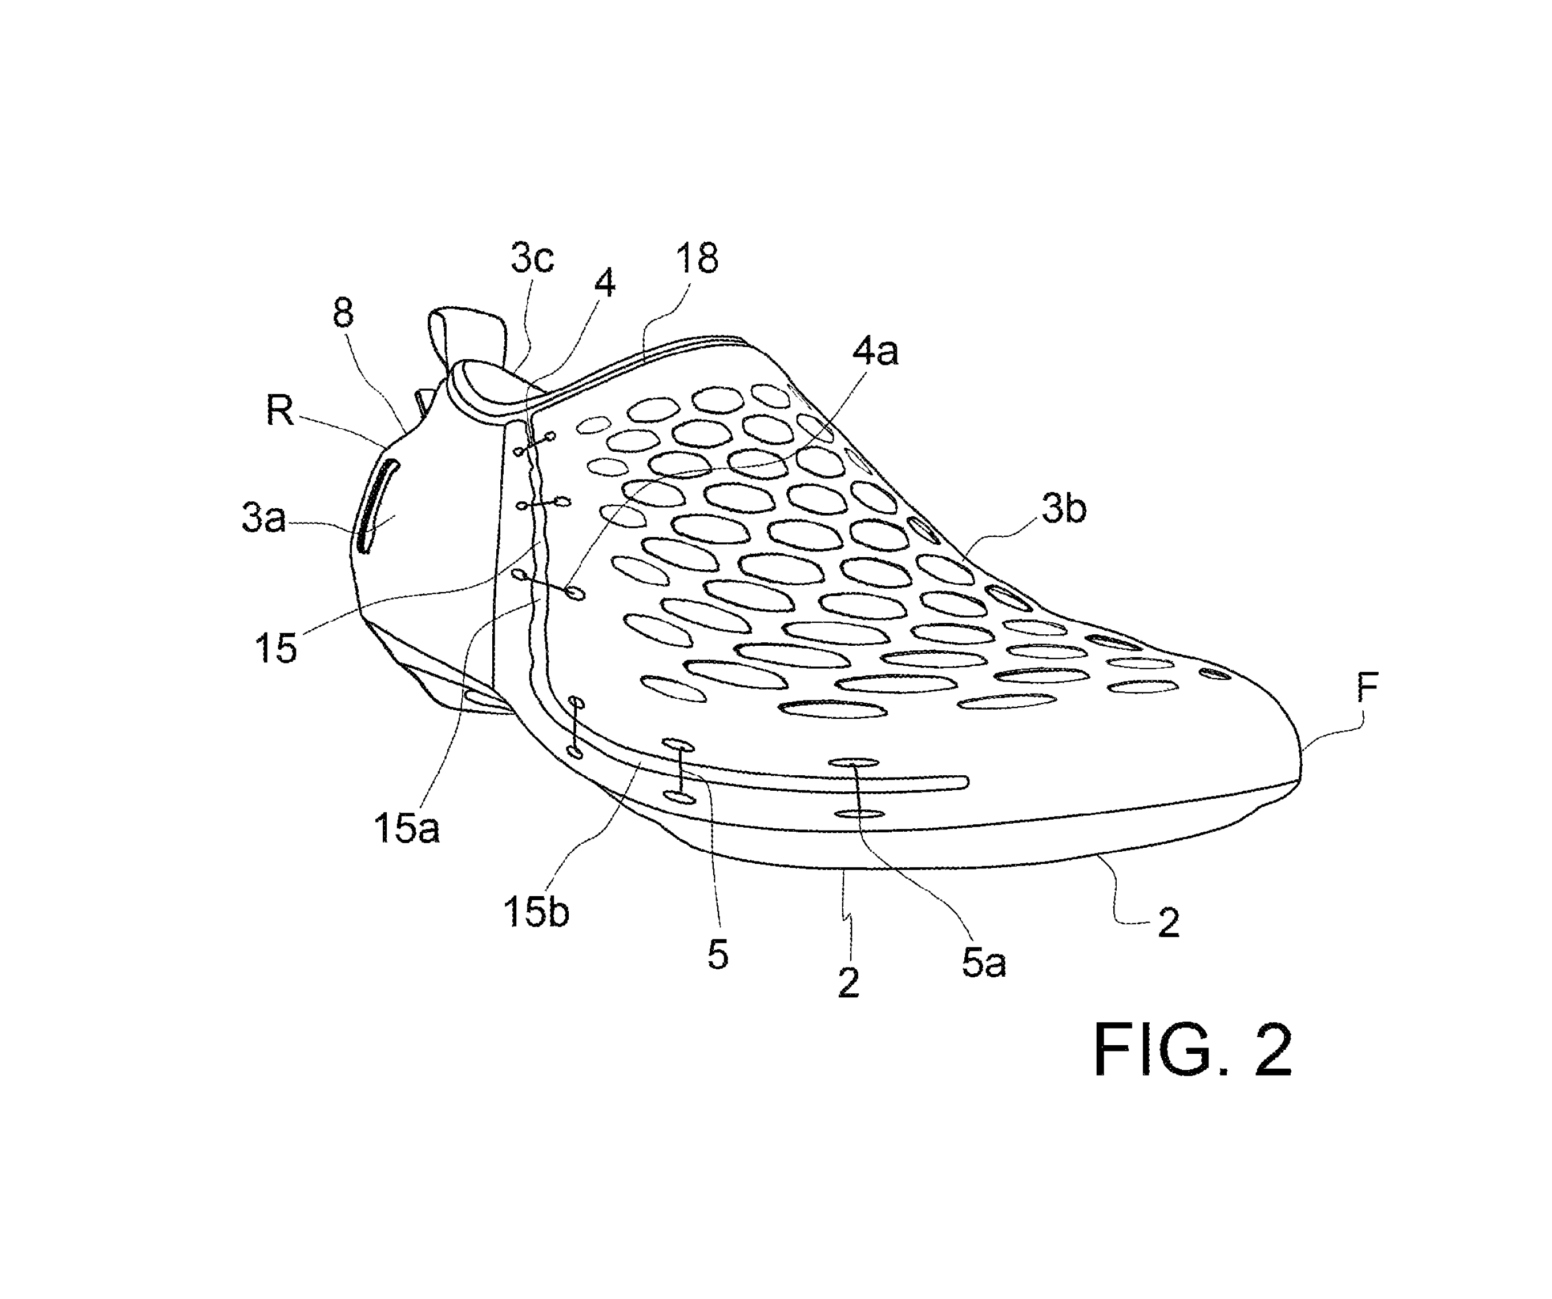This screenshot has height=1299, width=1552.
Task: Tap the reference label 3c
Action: [532, 258]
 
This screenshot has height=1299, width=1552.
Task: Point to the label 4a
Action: [875, 351]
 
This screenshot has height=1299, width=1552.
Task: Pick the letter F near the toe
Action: [1367, 687]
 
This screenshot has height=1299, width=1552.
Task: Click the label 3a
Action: [264, 518]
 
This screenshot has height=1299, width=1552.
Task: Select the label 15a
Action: [406, 828]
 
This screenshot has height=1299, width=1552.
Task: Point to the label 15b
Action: [536, 912]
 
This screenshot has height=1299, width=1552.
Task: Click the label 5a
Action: [984, 963]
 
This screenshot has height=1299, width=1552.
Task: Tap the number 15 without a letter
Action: [275, 649]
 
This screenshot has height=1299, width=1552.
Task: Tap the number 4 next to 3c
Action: [604, 283]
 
